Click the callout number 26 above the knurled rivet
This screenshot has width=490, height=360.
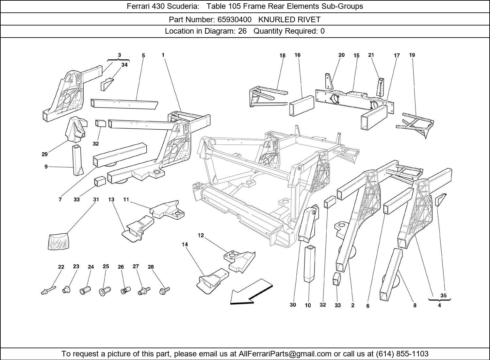[x=121, y=267]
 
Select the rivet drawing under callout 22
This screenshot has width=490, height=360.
[x=48, y=290]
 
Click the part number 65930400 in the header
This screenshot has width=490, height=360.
[x=234, y=20]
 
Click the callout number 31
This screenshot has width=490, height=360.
[x=96, y=199]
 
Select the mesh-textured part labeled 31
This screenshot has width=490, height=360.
[x=58, y=241]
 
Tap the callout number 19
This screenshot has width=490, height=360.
[x=412, y=55]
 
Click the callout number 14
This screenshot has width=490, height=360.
[x=185, y=244]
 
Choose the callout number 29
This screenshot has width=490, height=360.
[x=45, y=154]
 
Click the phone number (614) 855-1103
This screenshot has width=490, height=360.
[x=402, y=354]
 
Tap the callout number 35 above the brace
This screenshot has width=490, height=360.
[x=443, y=295]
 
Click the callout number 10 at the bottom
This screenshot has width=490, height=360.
[x=308, y=305]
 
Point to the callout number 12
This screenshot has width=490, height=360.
[x=201, y=235]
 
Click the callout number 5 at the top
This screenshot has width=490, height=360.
[x=143, y=56]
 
